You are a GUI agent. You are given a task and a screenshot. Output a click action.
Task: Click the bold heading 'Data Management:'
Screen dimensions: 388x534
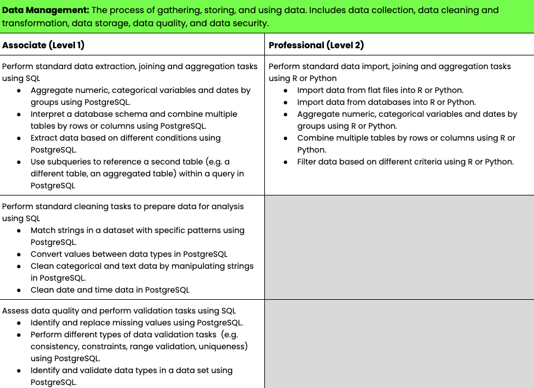(x=45, y=10)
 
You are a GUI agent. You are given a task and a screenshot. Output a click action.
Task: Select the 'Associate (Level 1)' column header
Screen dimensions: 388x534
(x=43, y=45)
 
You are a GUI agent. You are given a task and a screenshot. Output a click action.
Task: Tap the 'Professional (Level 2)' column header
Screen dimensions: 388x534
(x=316, y=45)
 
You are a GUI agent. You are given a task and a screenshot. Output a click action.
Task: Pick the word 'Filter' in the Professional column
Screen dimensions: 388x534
(x=309, y=162)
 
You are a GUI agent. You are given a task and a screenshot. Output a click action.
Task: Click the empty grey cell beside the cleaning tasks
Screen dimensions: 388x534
(x=399, y=247)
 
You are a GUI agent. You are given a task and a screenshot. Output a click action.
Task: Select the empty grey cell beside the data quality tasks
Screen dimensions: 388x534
(x=399, y=344)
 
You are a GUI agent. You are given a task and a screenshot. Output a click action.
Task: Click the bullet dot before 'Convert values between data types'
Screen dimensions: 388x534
(x=20, y=254)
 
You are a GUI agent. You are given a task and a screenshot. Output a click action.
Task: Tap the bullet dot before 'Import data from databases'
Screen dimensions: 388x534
(x=286, y=102)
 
